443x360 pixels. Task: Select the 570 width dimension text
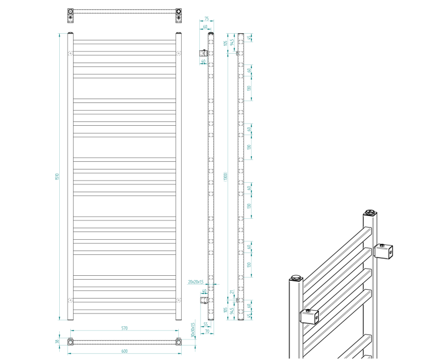click(x=124, y=328)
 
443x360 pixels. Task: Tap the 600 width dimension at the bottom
click(x=124, y=351)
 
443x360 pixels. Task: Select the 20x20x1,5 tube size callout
click(x=196, y=282)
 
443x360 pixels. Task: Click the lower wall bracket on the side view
click(x=204, y=300)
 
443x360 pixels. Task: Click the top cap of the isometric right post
click(x=370, y=212)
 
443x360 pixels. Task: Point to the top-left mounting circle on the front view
click(x=70, y=53)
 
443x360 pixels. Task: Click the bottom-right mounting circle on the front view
click(x=178, y=300)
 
